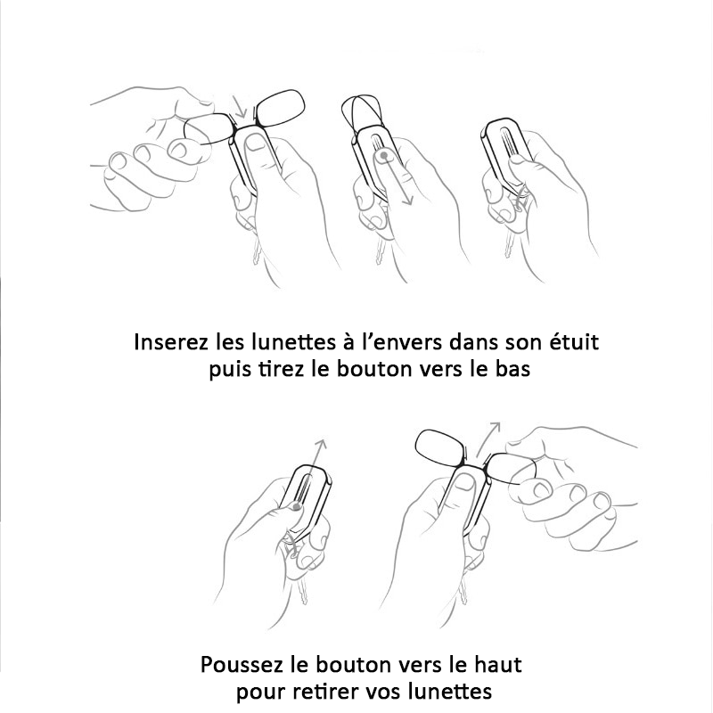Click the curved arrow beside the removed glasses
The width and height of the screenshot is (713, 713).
485,438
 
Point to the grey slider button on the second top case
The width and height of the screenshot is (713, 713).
384,155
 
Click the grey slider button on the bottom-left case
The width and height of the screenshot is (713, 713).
297,506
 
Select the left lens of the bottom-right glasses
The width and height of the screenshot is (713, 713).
440,447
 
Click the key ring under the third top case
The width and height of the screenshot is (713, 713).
520,200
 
